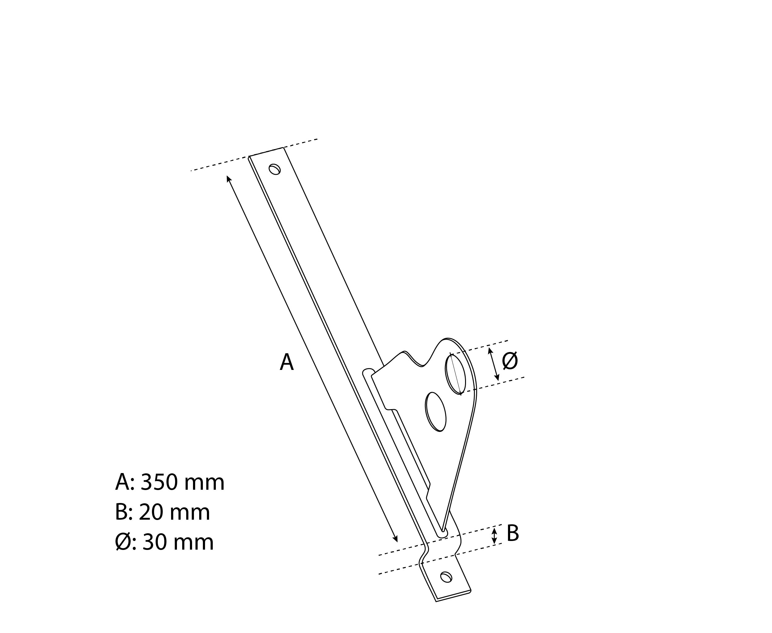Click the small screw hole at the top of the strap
click(275, 169)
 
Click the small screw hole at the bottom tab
click(446, 577)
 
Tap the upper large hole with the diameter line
click(455, 374)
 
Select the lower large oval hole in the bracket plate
click(436, 412)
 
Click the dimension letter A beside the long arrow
click(287, 363)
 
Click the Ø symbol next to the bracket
click(510, 361)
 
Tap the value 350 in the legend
click(159, 482)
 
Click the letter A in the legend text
click(122, 482)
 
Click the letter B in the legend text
click(121, 512)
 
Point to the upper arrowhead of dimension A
click(229, 178)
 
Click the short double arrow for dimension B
click(494, 536)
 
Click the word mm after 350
click(204, 484)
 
